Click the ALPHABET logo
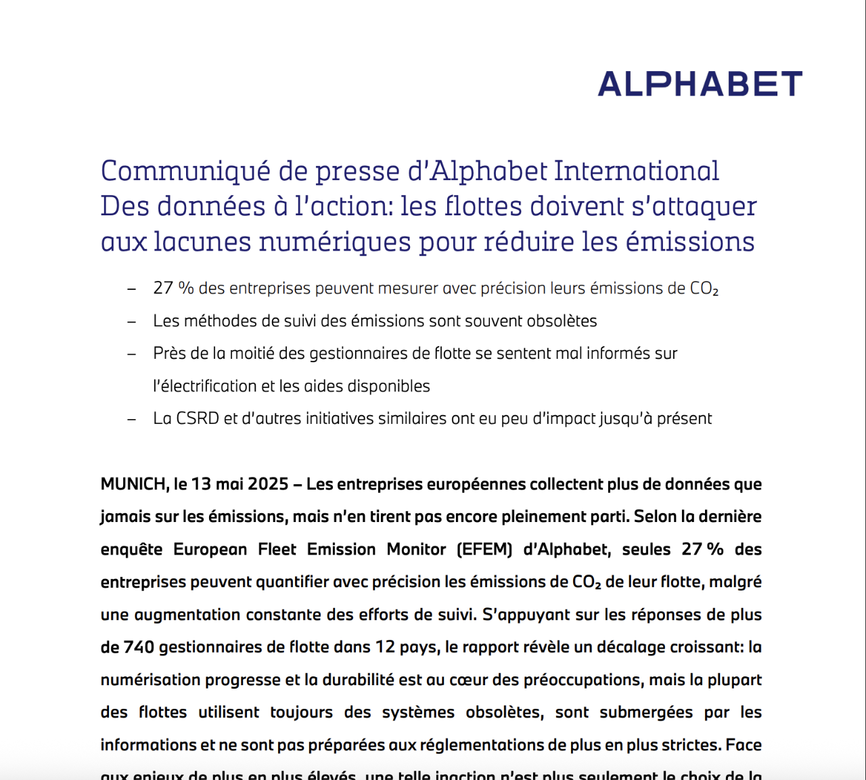pyautogui.click(x=700, y=84)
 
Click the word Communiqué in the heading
pyautogui.click(x=185, y=171)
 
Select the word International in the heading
pyautogui.click(x=637, y=171)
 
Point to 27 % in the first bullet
pyautogui.click(x=173, y=288)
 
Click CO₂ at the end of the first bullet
pyautogui.click(x=704, y=289)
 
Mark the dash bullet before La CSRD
pyautogui.click(x=132, y=419)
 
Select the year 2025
pyautogui.click(x=269, y=484)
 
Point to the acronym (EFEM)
pyautogui.click(x=484, y=549)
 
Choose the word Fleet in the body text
pyautogui.click(x=277, y=549)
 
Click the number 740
pyautogui.click(x=139, y=647)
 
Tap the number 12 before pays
pyautogui.click(x=385, y=647)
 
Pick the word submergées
pyautogui.click(x=646, y=712)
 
